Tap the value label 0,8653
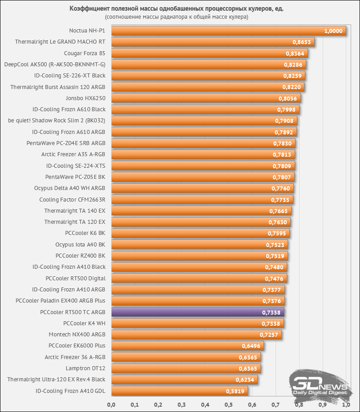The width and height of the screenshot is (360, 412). (x=301, y=42)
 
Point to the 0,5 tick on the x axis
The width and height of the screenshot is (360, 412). (x=228, y=404)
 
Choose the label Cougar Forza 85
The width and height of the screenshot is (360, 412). (x=84, y=53)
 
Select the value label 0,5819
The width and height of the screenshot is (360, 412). (x=235, y=391)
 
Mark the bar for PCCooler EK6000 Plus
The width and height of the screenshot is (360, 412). (x=187, y=346)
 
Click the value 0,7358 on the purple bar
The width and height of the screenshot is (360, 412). (x=272, y=312)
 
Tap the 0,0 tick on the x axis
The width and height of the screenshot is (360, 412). (x=112, y=404)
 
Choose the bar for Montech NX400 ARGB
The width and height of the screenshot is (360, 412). (x=196, y=334)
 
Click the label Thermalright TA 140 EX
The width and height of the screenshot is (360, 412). (x=75, y=210)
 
